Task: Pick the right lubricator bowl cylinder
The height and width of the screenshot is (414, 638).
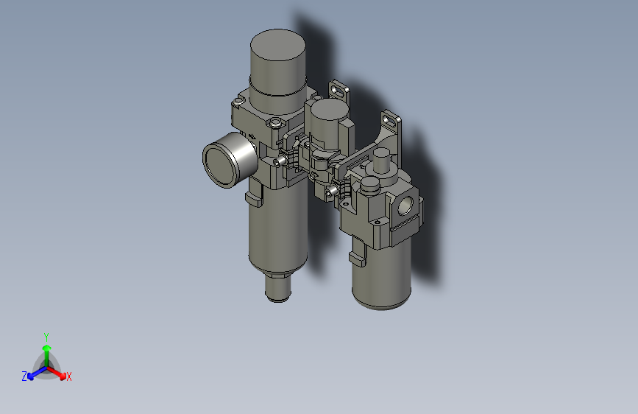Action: pos(380,273)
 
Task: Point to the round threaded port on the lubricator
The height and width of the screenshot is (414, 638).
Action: pos(405,206)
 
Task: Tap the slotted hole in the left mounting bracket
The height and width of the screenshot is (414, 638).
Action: pos(339,91)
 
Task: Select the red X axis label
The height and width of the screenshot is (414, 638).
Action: pos(69,377)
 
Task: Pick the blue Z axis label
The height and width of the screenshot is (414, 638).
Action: pos(24,376)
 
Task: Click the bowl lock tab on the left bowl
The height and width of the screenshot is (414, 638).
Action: pos(251,197)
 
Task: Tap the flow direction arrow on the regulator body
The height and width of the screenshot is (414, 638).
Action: pos(253,135)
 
